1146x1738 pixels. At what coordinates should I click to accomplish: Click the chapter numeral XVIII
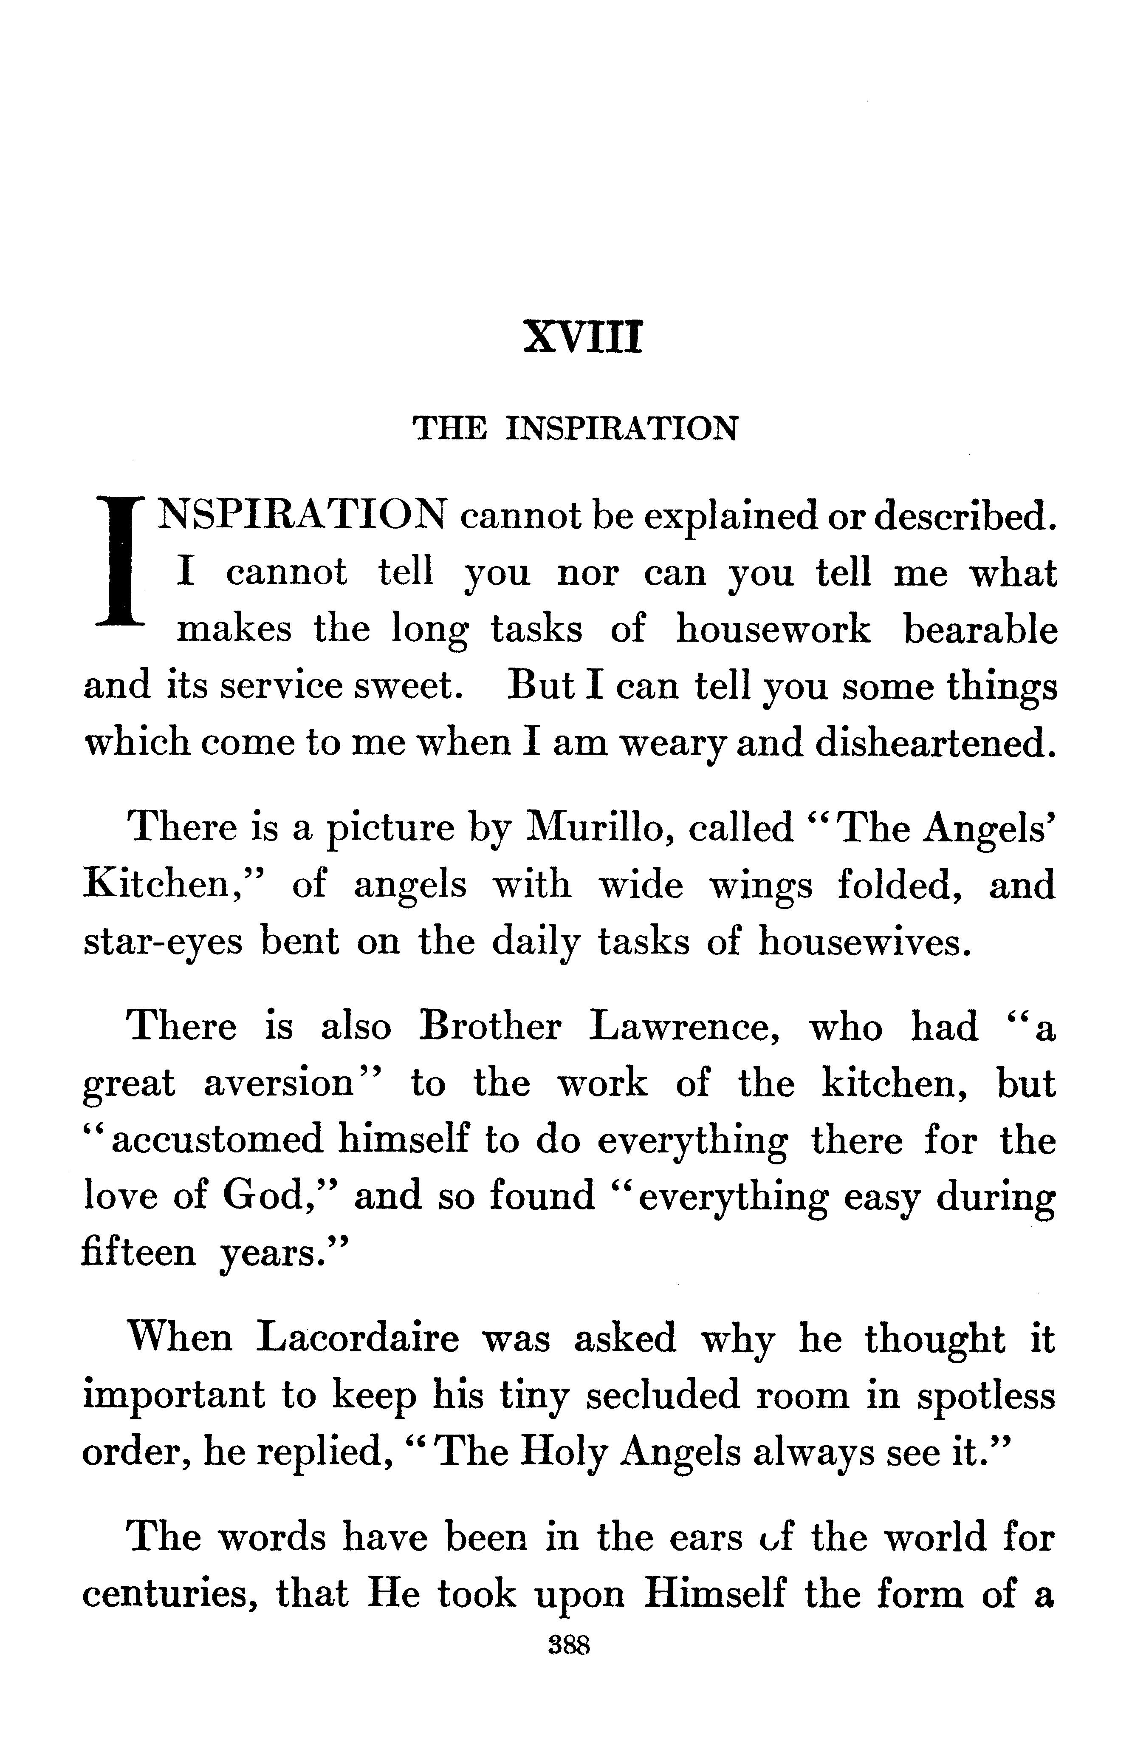click(x=582, y=339)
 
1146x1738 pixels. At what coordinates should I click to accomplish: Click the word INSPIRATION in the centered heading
click(x=621, y=428)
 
